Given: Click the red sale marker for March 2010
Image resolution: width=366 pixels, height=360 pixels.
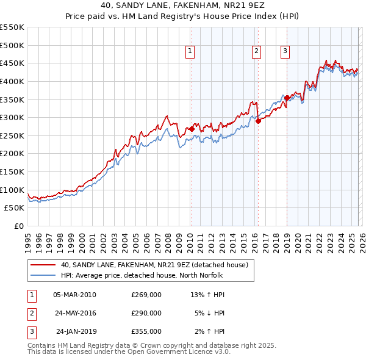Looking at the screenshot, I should (x=192, y=129).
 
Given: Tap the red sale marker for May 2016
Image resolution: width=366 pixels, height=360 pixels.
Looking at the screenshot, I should (x=258, y=121).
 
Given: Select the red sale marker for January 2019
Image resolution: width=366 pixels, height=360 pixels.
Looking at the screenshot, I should (x=287, y=98).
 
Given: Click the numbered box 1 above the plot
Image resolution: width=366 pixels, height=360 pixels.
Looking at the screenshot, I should (x=191, y=52).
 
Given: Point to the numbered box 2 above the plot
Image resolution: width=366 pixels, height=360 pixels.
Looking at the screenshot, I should (x=256, y=52).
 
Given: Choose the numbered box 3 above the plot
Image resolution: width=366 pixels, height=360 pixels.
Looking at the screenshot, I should (x=285, y=52).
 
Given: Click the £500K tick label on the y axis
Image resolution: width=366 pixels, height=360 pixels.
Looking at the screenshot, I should (x=12, y=45).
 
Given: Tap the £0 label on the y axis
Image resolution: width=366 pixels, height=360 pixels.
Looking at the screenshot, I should (x=19, y=226).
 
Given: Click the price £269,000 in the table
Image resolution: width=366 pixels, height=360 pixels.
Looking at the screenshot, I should (x=146, y=295).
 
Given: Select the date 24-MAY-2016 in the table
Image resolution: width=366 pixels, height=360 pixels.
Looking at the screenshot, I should (x=75, y=313).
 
